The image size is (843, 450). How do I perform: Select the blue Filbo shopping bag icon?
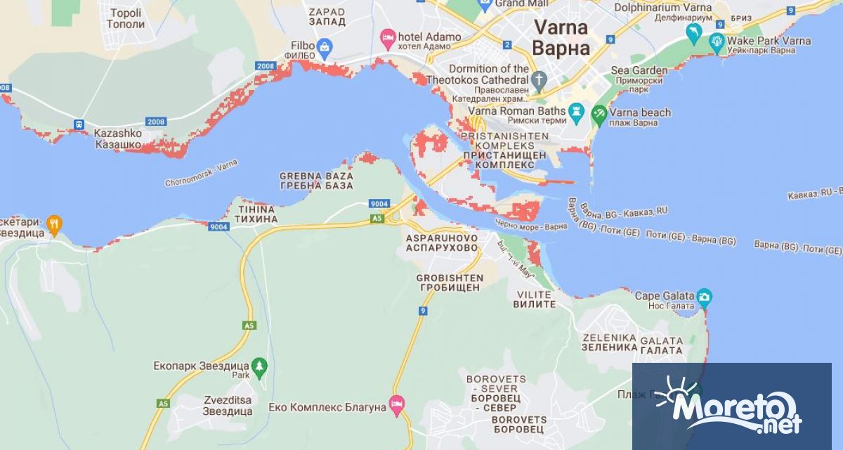pos(324,49)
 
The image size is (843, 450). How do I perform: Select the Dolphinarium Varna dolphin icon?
pos(693,32)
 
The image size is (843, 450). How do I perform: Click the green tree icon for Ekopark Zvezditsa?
pos(260,366)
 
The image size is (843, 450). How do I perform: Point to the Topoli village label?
pos(125,18)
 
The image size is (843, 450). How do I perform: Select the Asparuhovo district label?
pos(442,243)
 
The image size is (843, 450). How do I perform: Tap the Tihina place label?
pos(250,214)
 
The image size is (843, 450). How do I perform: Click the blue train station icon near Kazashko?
pos(79,124)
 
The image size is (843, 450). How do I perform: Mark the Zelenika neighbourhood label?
pos(609,342)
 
